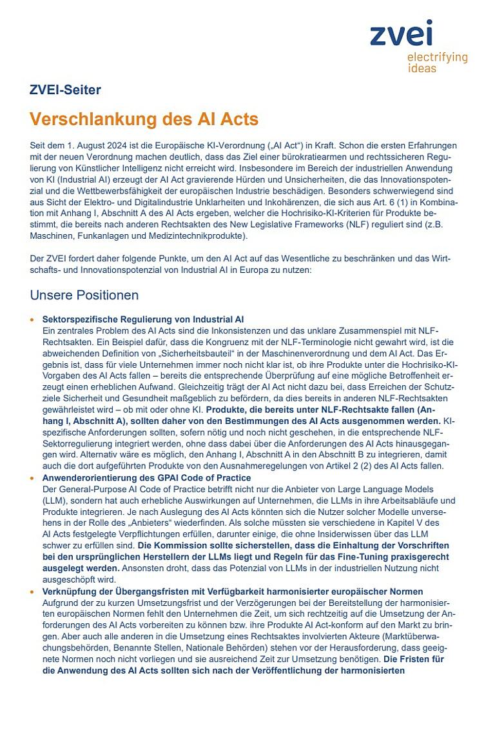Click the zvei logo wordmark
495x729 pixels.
point(401,33)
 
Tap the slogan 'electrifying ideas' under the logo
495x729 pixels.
point(437,63)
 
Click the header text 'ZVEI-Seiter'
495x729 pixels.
point(65,90)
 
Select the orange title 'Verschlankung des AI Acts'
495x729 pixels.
point(144,119)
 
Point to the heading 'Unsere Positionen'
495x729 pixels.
point(84,295)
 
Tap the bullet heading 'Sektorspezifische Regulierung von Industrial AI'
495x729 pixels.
point(142,319)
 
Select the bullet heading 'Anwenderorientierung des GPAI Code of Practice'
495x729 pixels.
point(146,478)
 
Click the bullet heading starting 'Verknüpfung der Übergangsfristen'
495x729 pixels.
point(233,592)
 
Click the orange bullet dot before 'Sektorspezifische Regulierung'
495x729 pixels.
point(32,320)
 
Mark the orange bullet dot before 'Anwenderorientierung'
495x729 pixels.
point(32,479)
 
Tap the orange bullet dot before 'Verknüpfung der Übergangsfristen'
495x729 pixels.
point(32,592)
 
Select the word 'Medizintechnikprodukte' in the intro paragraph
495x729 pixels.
point(192,236)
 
